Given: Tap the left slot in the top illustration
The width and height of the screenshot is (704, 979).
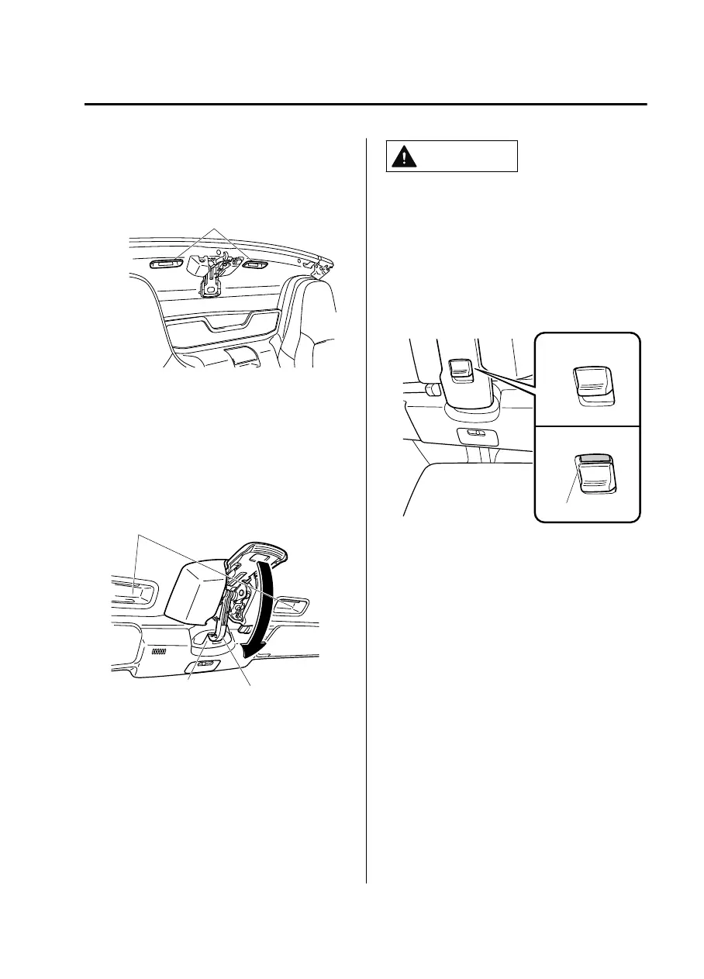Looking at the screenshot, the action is click(x=167, y=263).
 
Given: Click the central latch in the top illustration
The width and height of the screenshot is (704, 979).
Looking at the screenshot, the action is click(x=209, y=279).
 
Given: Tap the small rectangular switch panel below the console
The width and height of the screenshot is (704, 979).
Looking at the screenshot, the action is click(x=475, y=434).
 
